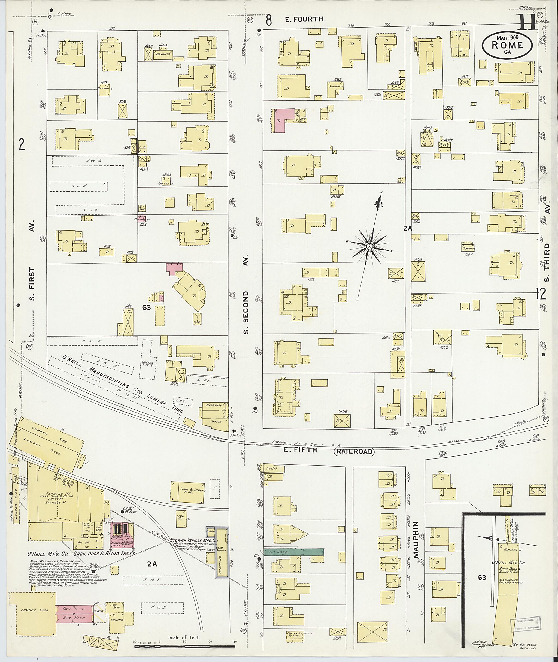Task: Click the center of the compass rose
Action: pos(369,246)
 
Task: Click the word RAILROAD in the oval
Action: pos(354,452)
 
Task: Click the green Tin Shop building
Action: pos(293,552)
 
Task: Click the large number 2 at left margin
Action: pos(22,145)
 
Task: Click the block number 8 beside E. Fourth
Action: pos(269,20)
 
